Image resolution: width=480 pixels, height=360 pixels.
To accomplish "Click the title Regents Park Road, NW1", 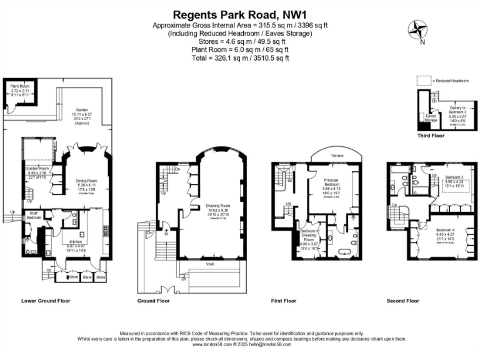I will (x=239, y=12).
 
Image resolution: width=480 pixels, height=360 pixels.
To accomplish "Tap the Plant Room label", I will (x=20, y=86).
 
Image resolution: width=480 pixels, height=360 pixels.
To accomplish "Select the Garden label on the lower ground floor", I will (x=81, y=107).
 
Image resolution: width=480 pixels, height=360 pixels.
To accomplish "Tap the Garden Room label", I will (x=36, y=169).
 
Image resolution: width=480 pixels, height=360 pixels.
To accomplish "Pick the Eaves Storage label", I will (x=431, y=117).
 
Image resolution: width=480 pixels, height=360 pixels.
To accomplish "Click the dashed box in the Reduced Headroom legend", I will (x=422, y=81).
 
